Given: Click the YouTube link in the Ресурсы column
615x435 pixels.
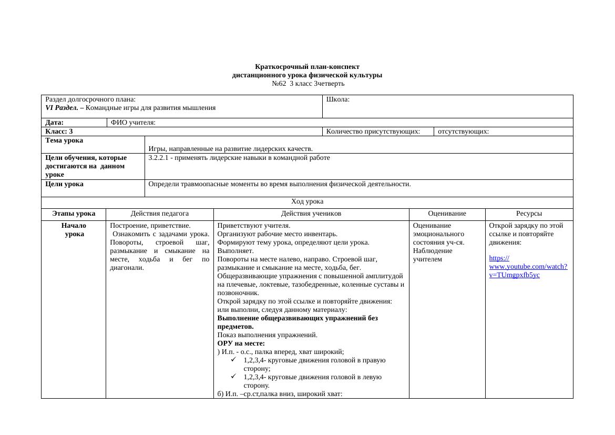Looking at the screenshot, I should tap(528, 267).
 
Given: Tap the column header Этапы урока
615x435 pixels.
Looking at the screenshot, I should tap(74, 214).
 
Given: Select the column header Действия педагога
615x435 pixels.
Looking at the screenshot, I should tap(159, 214).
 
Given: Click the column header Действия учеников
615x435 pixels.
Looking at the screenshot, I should tap(311, 214).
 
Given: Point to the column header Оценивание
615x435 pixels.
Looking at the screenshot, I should tap(447, 214).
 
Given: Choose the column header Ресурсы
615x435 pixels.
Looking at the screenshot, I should tap(529, 214).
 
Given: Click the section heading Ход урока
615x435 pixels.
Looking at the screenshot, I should tap(307, 201).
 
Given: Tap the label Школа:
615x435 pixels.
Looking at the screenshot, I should tap(338, 99).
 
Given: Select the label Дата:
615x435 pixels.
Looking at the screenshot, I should tap(55, 123).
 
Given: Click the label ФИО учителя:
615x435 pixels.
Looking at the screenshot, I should tap(133, 123).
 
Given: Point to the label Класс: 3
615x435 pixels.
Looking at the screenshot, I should tap(59, 131).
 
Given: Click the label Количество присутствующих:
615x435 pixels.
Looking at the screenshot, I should tap(373, 131).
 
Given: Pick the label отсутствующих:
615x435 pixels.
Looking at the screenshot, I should tap(463, 131).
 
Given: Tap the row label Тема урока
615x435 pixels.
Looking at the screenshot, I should tap(64, 140).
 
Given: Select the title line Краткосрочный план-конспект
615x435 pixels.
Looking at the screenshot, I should tap(307, 67).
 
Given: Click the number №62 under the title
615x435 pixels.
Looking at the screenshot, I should tap(279, 84).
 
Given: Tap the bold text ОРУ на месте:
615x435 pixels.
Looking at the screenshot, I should tap(241, 343).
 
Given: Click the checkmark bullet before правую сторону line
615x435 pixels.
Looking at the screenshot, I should tap(233, 360).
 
